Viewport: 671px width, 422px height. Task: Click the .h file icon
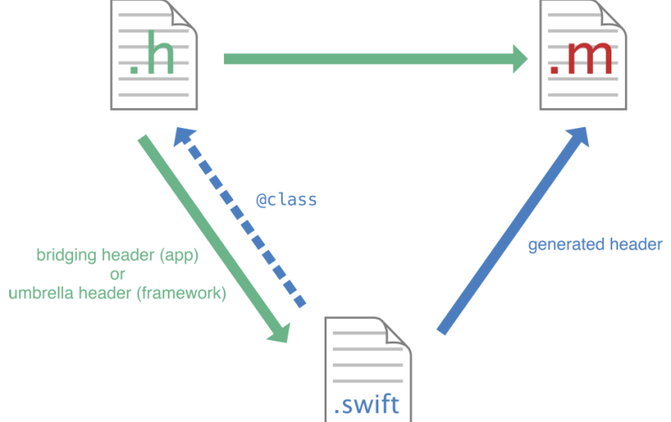coord(155,54)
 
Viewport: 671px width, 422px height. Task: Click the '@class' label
coord(286,201)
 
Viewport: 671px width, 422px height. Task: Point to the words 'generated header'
coord(595,244)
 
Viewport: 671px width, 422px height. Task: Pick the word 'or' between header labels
coord(117,275)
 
